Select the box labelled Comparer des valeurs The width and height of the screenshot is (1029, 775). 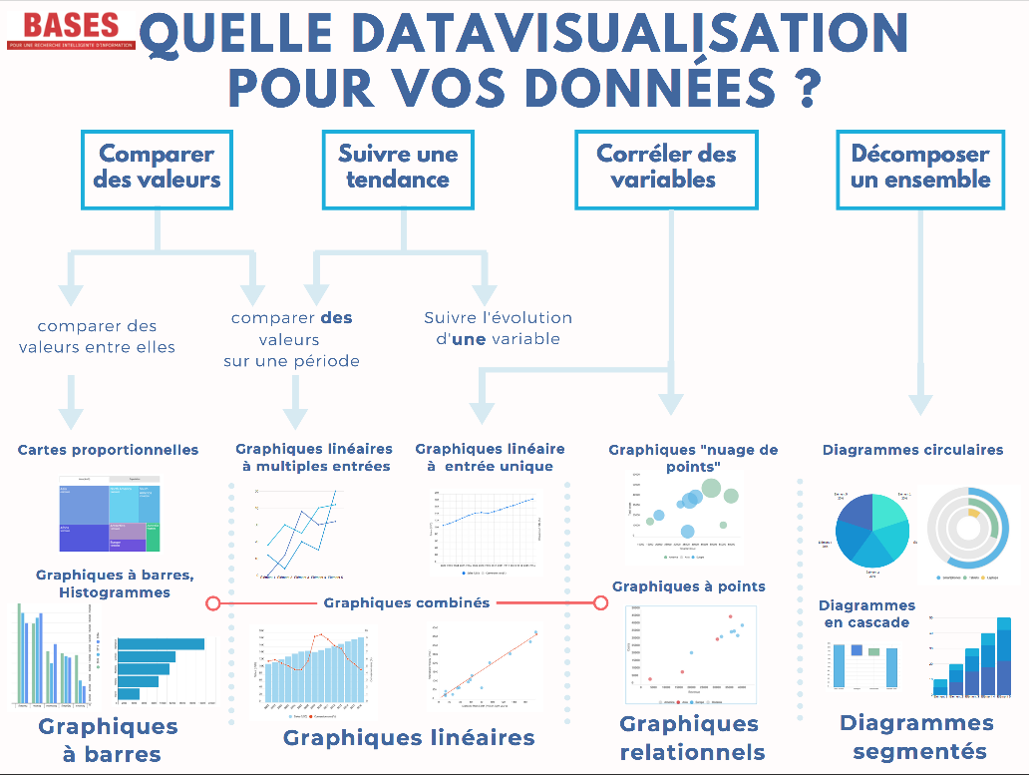pyautogui.click(x=157, y=168)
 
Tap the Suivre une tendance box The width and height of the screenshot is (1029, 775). pyautogui.click(x=398, y=168)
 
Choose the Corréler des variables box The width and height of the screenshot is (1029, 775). pyautogui.click(x=666, y=168)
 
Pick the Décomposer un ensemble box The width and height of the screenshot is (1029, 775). pyautogui.click(x=919, y=168)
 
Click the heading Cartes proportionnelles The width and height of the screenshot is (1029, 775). pyautogui.click(x=108, y=450)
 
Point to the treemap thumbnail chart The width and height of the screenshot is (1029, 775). pyautogui.click(x=109, y=514)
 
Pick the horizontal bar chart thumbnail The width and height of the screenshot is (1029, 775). pyautogui.click(x=162, y=668)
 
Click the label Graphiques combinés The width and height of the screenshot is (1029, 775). pyautogui.click(x=407, y=602)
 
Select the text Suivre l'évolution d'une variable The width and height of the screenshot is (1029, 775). pyautogui.click(x=498, y=328)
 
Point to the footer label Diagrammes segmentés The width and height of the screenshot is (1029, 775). pyautogui.click(x=917, y=737)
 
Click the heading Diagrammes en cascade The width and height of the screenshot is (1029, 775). pyautogui.click(x=866, y=613)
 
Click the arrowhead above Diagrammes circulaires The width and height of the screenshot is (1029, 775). pyautogui.click(x=919, y=403)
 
